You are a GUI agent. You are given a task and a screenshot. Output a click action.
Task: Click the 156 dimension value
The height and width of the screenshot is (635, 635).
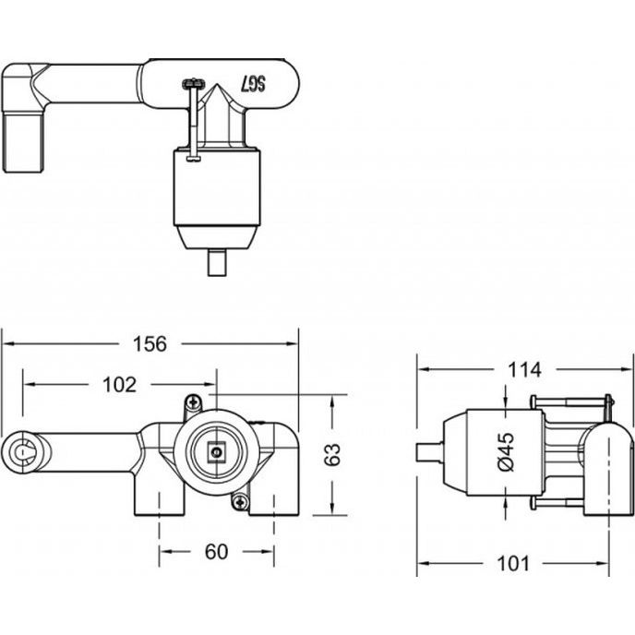point(150,344)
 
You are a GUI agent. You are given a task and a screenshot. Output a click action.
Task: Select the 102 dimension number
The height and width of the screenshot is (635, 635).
point(119,384)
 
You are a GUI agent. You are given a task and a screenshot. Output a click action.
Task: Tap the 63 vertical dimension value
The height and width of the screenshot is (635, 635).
point(333,455)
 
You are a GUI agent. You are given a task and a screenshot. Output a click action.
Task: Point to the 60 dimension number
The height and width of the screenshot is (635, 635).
point(216,551)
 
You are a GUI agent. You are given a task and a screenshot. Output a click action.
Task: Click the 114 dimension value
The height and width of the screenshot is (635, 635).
point(524,369)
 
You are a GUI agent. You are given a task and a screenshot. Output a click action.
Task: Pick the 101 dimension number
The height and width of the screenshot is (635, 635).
point(512,563)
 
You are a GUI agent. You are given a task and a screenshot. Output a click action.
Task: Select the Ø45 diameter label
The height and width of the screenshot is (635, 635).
point(506,452)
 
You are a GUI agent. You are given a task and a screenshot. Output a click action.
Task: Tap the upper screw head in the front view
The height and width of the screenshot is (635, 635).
point(194,402)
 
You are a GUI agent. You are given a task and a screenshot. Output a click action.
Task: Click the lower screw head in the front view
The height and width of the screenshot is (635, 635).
point(242,502)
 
